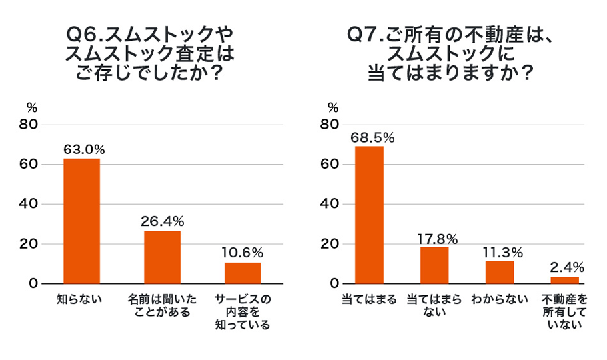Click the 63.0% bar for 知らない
click(x=81, y=221)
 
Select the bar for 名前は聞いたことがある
click(x=162, y=257)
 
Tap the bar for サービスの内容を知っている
click(x=243, y=273)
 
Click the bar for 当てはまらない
click(x=434, y=265)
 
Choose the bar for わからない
click(x=500, y=272)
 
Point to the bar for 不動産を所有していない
click(x=564, y=280)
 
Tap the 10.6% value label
click(x=243, y=253)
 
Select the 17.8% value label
click(x=434, y=237)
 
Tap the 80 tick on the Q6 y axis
click(x=30, y=125)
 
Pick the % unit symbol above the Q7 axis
click(x=333, y=107)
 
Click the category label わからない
click(x=500, y=299)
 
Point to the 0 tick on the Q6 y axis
click(x=34, y=283)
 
